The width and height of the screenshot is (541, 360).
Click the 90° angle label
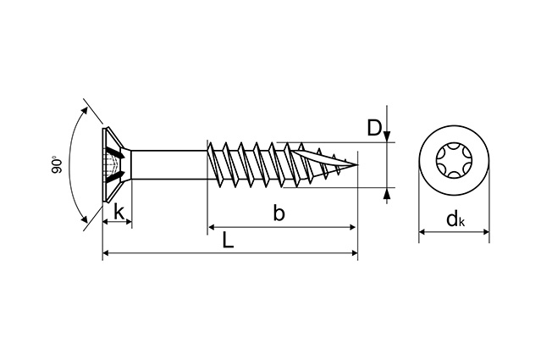[57, 165]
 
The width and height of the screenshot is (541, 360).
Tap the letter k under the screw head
[119, 212]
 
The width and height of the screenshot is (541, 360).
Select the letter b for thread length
[279, 213]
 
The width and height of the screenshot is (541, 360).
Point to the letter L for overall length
[228, 240]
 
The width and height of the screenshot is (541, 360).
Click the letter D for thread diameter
[374, 127]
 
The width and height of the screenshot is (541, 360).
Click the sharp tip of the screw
[357, 164]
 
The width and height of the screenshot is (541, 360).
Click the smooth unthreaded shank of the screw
[169, 165]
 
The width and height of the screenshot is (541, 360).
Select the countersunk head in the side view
[117, 165]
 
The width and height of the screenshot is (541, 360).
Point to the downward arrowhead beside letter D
[387, 136]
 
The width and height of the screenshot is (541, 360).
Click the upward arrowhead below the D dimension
[387, 194]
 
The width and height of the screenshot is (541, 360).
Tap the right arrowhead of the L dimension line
[355, 253]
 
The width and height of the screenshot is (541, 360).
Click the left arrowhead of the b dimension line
[212, 227]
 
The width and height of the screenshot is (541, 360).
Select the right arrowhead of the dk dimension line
[485, 231]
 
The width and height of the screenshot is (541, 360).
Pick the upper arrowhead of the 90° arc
[85, 110]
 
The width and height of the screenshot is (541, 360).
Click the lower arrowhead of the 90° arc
[84, 219]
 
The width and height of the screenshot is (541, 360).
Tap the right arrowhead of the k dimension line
[129, 222]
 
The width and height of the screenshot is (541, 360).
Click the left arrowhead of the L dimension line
[107, 253]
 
